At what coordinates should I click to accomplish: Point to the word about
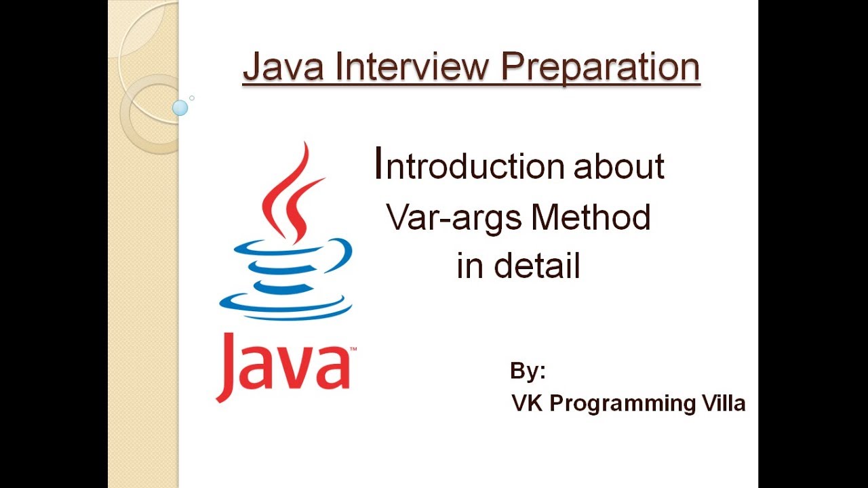pyautogui.click(x=619, y=167)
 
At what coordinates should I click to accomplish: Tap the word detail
pyautogui.click(x=537, y=266)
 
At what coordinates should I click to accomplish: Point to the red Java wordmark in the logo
pyautogui.click(x=283, y=366)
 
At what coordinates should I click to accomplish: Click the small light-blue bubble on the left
pyautogui.click(x=180, y=107)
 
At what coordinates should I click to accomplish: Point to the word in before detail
pyautogui.click(x=469, y=266)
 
